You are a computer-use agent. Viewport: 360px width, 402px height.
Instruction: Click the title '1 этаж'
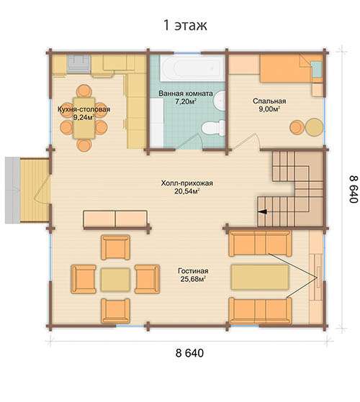tap(185, 25)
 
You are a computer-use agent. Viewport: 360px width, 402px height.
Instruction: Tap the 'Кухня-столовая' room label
tap(84, 109)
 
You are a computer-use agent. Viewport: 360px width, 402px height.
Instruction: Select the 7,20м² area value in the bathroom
tap(186, 101)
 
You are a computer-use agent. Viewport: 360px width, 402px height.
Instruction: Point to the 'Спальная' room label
tap(269, 101)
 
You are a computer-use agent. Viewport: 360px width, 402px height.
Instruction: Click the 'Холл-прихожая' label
tap(187, 183)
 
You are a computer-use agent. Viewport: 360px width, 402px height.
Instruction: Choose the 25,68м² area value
tap(193, 279)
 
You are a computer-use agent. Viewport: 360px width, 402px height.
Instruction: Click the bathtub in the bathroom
tap(192, 68)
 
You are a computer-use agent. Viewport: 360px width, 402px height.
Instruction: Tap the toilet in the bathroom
tap(212, 127)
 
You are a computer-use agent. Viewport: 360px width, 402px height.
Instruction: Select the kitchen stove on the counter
tap(79, 63)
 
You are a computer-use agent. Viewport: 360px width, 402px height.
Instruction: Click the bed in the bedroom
tap(291, 68)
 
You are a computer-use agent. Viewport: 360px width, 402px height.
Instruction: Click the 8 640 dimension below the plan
tap(189, 353)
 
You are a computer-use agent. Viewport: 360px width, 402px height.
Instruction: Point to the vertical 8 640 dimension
tap(354, 189)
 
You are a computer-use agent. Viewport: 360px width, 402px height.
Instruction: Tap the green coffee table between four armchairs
tap(115, 280)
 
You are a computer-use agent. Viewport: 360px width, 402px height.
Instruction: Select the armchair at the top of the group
tap(115, 247)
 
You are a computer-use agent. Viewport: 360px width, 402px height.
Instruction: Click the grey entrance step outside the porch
tap(12, 190)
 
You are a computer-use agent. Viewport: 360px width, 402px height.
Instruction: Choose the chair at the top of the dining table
tap(84, 91)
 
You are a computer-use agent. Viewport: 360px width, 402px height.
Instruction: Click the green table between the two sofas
tap(260, 277)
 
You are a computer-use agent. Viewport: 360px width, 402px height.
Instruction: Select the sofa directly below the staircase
tap(260, 243)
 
